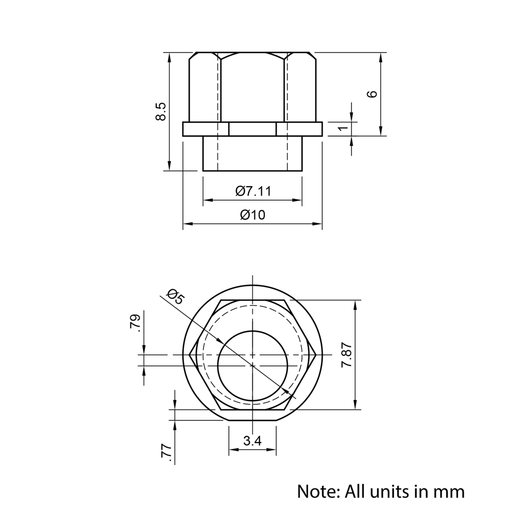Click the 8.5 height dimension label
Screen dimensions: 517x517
click(161, 111)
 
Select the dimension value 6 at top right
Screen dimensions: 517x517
click(372, 94)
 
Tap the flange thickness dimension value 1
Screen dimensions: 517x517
click(343, 128)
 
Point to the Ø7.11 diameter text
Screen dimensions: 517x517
click(253, 191)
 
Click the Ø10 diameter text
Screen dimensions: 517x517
click(252, 215)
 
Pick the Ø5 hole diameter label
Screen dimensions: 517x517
click(175, 297)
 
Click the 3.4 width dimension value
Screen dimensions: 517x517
click(252, 441)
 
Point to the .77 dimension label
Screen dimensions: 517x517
click(166, 451)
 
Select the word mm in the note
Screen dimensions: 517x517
click(450, 491)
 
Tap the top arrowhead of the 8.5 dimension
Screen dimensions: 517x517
click(169, 55)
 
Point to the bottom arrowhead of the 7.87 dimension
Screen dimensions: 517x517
click(355, 406)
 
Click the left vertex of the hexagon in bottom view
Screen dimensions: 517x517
click(190, 355)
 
